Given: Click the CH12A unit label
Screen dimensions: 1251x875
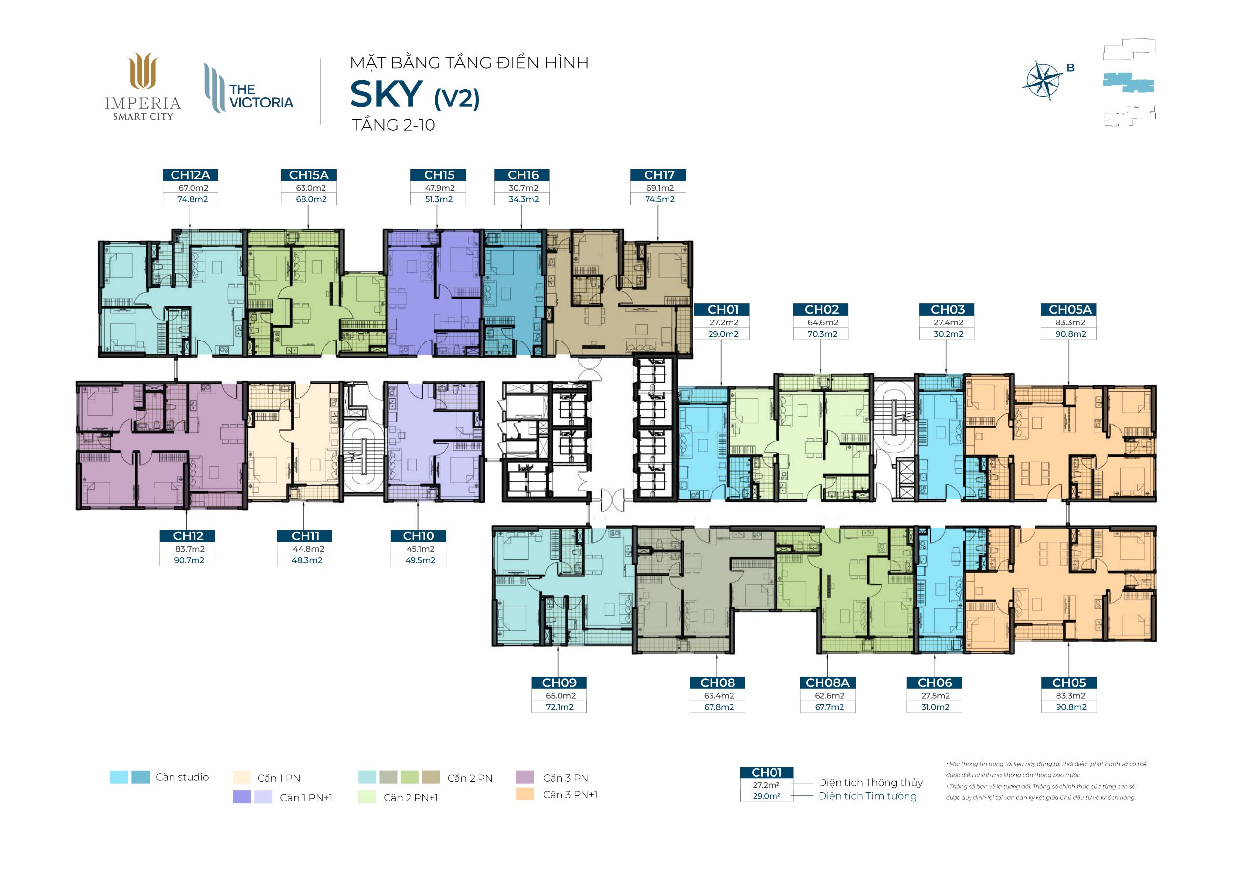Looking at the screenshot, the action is click(190, 175).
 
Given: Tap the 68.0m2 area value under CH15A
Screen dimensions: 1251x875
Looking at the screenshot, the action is click(311, 199).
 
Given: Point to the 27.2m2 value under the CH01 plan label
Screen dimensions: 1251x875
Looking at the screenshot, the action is click(724, 322).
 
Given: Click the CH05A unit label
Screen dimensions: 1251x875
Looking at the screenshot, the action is click(1070, 309).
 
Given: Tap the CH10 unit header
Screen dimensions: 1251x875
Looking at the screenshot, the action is click(418, 536).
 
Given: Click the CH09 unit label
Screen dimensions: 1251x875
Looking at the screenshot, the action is click(559, 683).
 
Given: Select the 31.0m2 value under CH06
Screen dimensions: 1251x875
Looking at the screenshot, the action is click(935, 707).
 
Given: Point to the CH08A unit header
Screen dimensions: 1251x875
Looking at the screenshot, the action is click(827, 683).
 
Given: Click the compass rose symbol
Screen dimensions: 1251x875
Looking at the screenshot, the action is click(1043, 81).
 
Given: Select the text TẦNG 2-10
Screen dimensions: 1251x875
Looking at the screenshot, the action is click(393, 125).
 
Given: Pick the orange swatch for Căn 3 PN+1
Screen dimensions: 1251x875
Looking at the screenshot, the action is click(525, 794).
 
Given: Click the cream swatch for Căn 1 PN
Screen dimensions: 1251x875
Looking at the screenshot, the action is click(241, 777).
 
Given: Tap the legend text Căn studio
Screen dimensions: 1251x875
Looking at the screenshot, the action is click(182, 777).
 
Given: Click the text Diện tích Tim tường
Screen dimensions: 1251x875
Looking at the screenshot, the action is click(867, 796).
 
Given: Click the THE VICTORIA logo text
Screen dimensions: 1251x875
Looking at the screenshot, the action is click(261, 96).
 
